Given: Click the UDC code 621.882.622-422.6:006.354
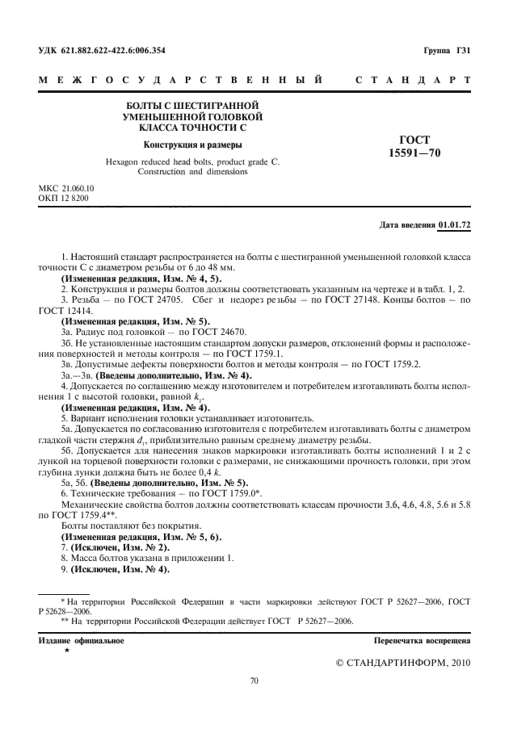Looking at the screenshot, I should (113, 50).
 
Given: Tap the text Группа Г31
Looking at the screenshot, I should (447, 50).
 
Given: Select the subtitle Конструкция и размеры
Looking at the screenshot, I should (192, 145).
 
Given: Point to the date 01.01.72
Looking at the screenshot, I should (455, 224).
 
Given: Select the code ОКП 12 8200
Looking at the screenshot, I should (64, 198).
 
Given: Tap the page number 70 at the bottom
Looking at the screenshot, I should (254, 681).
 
